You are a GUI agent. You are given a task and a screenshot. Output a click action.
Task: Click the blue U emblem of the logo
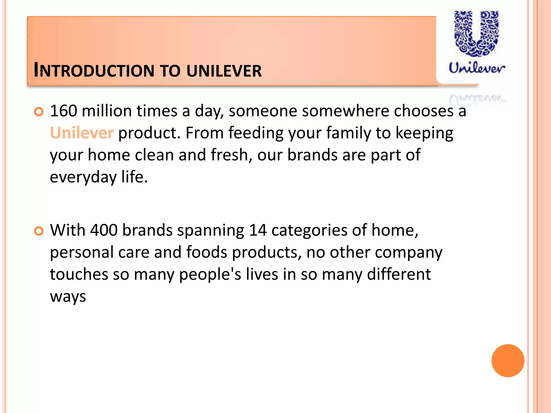coord(476,34)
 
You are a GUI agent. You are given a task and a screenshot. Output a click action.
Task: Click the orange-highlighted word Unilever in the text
coord(82,133)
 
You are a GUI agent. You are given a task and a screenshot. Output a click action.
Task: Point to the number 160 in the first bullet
coord(63,111)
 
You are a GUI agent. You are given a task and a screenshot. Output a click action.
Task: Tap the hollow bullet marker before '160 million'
coord(39,112)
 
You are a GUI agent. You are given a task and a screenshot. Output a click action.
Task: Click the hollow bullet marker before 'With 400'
coord(39,231)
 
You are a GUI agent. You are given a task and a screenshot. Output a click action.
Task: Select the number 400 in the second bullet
coord(104,230)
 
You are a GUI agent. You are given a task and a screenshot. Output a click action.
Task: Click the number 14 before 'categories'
coord(257,230)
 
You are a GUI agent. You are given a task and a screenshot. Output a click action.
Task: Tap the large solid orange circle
coord(508,361)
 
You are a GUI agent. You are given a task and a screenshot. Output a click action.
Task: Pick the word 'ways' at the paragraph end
coord(68,297)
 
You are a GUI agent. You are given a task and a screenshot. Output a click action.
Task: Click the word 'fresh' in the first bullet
coord(229,155)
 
